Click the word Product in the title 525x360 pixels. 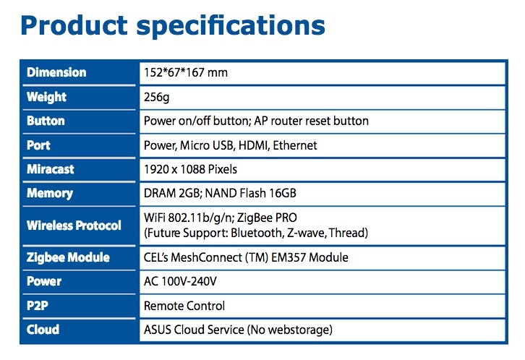coord(74,25)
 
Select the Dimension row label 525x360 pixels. coord(56,72)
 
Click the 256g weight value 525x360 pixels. coord(156,97)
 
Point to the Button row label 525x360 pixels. coord(46,121)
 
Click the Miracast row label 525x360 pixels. coord(51,169)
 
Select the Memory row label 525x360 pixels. coord(50,194)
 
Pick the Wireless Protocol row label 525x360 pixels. coord(74,226)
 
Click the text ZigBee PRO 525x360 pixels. coord(267,218)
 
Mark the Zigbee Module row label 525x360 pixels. coord(68,257)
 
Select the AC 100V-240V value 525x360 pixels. coord(180,281)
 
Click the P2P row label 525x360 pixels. coord(38,306)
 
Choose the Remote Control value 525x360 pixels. coord(184,306)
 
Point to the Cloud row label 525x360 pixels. coord(43,330)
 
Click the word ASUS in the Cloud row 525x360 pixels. coord(158,330)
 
